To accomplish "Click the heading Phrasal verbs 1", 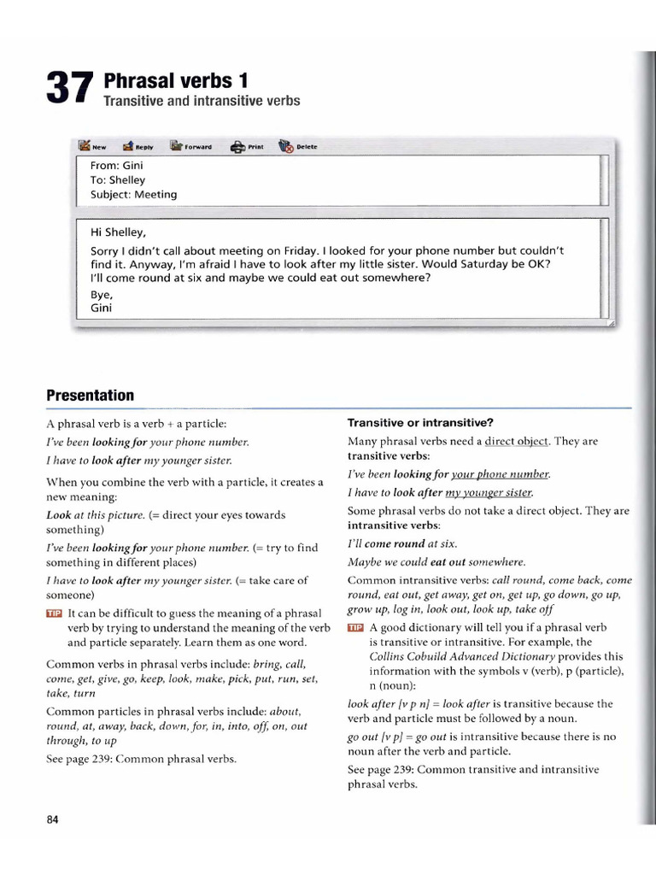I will pyautogui.click(x=175, y=81).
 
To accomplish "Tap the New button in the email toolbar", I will pyautogui.click(x=92, y=146).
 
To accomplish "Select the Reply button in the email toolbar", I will pyautogui.click(x=138, y=146).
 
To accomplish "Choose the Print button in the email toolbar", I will pyautogui.click(x=247, y=146).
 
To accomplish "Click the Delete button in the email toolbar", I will pyautogui.click(x=298, y=146).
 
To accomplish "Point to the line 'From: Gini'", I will pyautogui.click(x=115, y=166).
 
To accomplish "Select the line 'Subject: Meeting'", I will pyautogui.click(x=133, y=194).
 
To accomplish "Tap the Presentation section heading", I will pyautogui.click(x=90, y=396).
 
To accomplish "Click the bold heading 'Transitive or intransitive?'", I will pyautogui.click(x=420, y=423).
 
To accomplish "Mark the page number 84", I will pyautogui.click(x=52, y=819).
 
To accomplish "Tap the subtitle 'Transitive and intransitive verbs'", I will pyautogui.click(x=202, y=102).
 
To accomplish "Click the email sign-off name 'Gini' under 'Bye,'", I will pyautogui.click(x=101, y=308).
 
